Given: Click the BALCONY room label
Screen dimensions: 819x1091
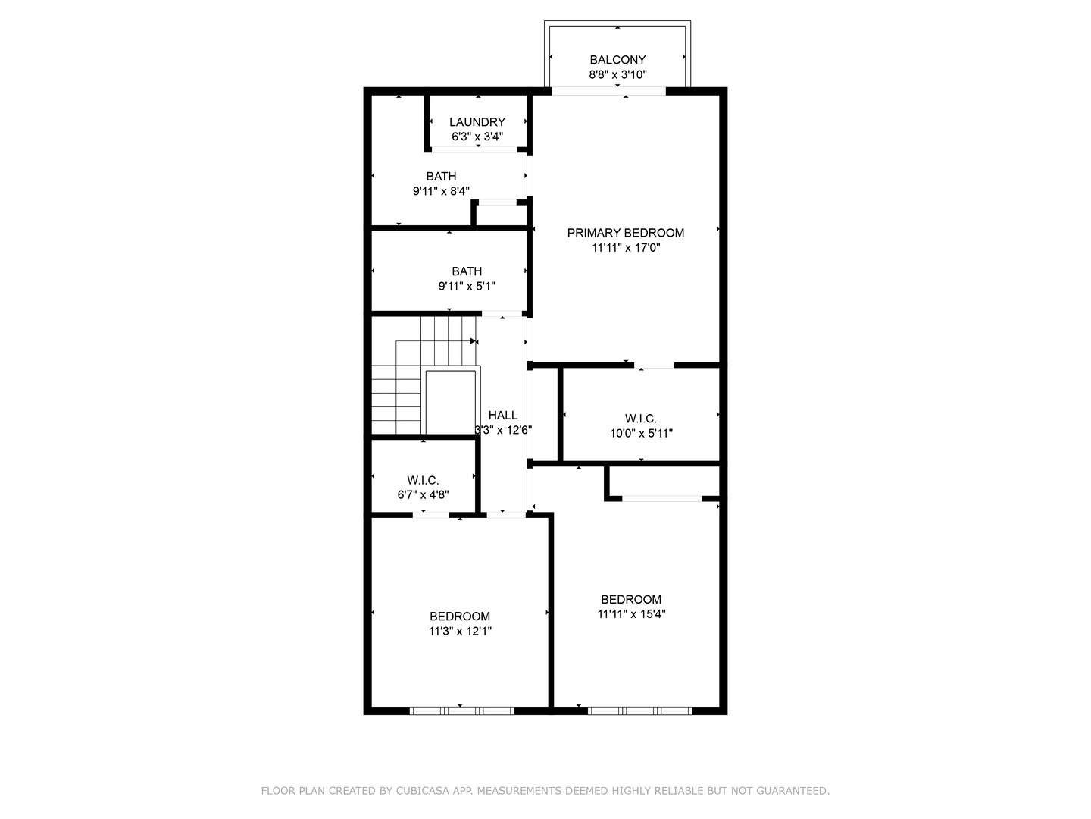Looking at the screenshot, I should (x=617, y=60).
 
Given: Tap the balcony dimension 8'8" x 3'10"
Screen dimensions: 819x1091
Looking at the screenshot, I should (x=617, y=75).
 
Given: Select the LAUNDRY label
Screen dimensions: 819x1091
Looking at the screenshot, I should (x=477, y=122).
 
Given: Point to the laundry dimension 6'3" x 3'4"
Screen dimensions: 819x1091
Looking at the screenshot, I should (x=477, y=137).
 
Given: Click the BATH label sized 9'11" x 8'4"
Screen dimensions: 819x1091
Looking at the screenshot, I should (x=441, y=177).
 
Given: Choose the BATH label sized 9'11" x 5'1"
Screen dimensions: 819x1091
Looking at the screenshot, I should (x=467, y=271).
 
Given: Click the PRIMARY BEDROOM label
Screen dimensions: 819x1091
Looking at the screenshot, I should (x=625, y=233).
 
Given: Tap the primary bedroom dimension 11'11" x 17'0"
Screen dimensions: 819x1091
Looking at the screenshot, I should (x=625, y=248).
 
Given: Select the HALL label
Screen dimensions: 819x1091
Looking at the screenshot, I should (x=503, y=415).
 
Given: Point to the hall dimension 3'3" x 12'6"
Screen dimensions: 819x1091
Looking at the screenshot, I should (x=503, y=430).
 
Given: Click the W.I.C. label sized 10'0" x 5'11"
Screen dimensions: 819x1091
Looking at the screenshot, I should (x=641, y=419).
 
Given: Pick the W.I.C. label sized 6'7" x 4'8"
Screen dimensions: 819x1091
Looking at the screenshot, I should (x=423, y=480).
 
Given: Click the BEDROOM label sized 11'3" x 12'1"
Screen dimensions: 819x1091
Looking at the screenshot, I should (x=460, y=617).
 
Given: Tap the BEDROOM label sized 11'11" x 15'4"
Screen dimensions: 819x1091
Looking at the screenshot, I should (x=631, y=599).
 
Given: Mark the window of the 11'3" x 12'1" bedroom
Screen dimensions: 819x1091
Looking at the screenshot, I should (x=461, y=711).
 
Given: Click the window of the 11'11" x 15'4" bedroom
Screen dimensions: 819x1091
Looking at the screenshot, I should (x=639, y=711).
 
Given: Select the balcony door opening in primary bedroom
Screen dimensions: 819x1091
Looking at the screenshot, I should (x=608, y=91).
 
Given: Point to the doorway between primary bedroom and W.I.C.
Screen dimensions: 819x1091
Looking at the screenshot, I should (x=654, y=366).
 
